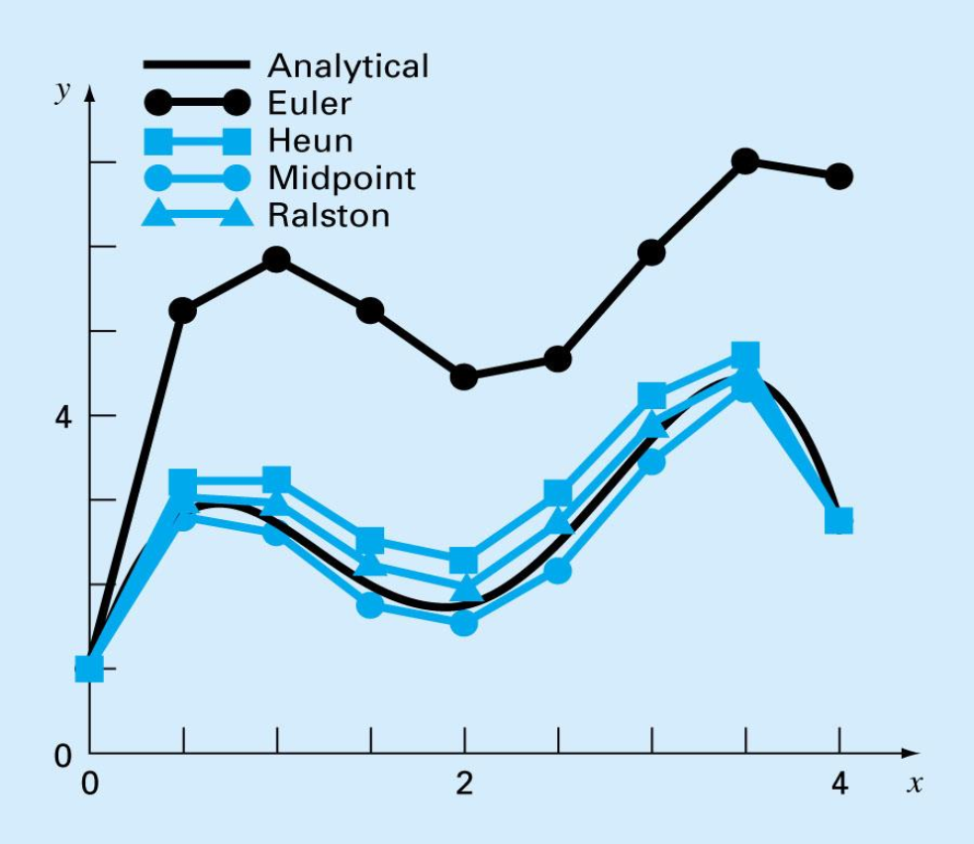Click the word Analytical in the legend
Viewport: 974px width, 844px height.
click(x=347, y=66)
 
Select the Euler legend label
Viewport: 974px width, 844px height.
click(x=308, y=103)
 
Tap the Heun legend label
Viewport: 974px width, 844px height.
click(x=309, y=140)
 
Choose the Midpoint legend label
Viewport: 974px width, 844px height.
click(x=341, y=177)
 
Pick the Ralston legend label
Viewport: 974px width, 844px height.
click(x=329, y=214)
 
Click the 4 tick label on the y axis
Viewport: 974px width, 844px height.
click(x=63, y=416)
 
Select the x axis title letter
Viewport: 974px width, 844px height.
click(x=915, y=786)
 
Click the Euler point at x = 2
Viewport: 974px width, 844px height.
click(x=464, y=376)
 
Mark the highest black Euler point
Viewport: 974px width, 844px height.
click(x=745, y=161)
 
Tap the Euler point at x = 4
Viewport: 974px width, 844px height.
click(x=839, y=176)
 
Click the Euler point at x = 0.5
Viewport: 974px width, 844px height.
click(x=182, y=310)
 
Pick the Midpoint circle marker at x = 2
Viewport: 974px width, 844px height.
click(x=464, y=622)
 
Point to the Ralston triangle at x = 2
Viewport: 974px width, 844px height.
click(x=464, y=588)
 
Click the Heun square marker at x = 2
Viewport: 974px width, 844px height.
click(x=464, y=561)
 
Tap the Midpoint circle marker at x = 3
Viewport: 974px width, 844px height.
click(x=651, y=461)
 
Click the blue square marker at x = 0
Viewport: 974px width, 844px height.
click(x=89, y=669)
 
